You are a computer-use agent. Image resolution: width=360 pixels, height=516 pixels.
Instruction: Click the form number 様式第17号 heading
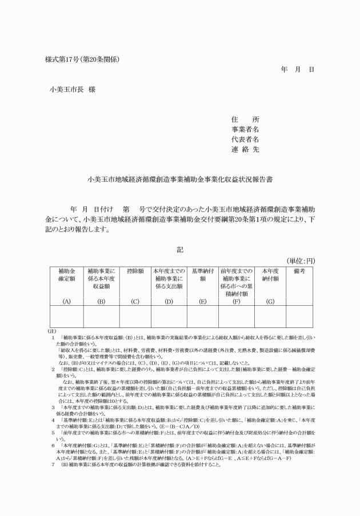(82, 59)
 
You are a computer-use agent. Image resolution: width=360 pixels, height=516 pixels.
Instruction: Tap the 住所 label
(245, 120)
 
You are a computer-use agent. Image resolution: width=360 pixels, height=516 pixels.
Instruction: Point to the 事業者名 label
(245, 130)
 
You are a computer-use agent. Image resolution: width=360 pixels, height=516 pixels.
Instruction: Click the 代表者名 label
(245, 139)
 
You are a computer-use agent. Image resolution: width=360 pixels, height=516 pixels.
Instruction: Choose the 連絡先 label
(245, 149)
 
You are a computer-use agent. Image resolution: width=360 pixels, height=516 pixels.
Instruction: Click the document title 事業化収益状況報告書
(180, 179)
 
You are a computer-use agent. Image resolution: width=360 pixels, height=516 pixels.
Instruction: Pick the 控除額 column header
(134, 270)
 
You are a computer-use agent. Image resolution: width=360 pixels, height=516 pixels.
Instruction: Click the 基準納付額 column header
(202, 275)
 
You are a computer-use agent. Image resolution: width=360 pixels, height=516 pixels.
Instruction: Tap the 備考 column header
(299, 270)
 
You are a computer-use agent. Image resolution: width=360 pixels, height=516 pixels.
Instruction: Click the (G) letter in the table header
(270, 300)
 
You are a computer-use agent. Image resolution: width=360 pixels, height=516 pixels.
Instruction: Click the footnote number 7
(53, 481)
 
